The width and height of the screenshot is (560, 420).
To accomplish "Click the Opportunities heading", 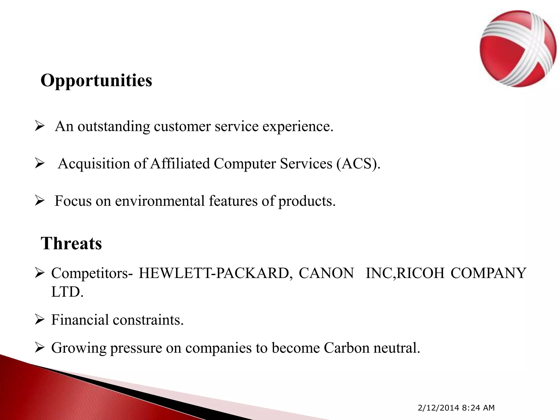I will pos(96,81).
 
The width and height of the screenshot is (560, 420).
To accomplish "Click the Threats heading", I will pos(71,243).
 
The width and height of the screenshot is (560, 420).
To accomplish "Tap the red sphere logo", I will pos(518,49).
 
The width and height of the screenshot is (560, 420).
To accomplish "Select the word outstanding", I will pos(114,127).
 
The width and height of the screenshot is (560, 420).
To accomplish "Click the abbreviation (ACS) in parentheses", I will pos(358,164).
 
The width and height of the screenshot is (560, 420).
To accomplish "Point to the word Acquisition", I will pos(94,164).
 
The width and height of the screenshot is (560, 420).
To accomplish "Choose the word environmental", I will pos(160,201).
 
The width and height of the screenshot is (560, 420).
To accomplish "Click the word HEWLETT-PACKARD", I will pos(214,273).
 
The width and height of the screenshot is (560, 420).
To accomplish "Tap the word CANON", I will pos(326,273).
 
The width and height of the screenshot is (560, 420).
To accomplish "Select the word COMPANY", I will pos(488,273).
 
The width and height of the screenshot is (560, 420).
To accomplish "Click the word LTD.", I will pos(67,292).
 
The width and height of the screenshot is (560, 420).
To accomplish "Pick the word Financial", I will pos(80,320).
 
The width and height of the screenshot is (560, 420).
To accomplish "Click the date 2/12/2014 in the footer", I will pos(438,408).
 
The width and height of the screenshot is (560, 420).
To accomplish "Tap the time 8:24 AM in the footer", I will pos(478,408).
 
